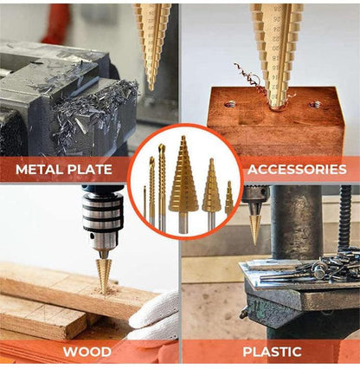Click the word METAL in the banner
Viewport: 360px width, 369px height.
click(38, 169)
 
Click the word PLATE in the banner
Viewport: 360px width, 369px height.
click(88, 169)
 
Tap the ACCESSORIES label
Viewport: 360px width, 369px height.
click(297, 169)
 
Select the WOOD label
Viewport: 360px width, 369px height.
click(87, 352)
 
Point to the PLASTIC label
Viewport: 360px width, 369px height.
click(272, 352)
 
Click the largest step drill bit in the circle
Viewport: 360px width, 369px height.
click(183, 184)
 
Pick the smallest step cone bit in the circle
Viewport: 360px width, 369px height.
click(229, 198)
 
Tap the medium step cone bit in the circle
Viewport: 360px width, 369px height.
click(211, 193)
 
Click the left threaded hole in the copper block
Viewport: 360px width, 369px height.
click(230, 104)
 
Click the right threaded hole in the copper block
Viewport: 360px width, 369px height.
click(315, 104)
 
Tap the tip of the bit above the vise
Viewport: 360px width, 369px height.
click(151, 88)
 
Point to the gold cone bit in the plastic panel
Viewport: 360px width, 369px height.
click(255, 228)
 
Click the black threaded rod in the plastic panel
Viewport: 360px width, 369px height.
click(345, 218)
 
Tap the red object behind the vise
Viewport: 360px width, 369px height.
click(57, 23)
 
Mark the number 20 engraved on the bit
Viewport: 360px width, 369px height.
click(275, 48)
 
